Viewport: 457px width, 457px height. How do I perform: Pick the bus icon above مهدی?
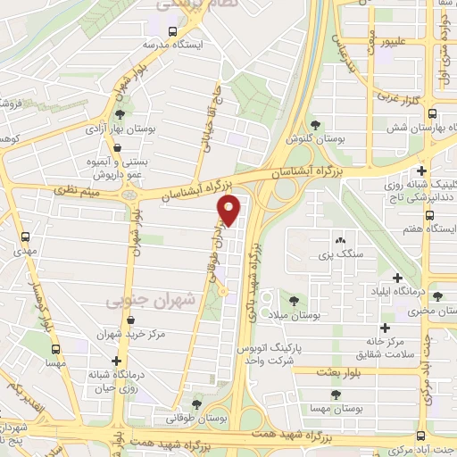(x=24, y=237)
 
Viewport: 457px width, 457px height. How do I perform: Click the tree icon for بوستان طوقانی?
(x=196, y=403)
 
